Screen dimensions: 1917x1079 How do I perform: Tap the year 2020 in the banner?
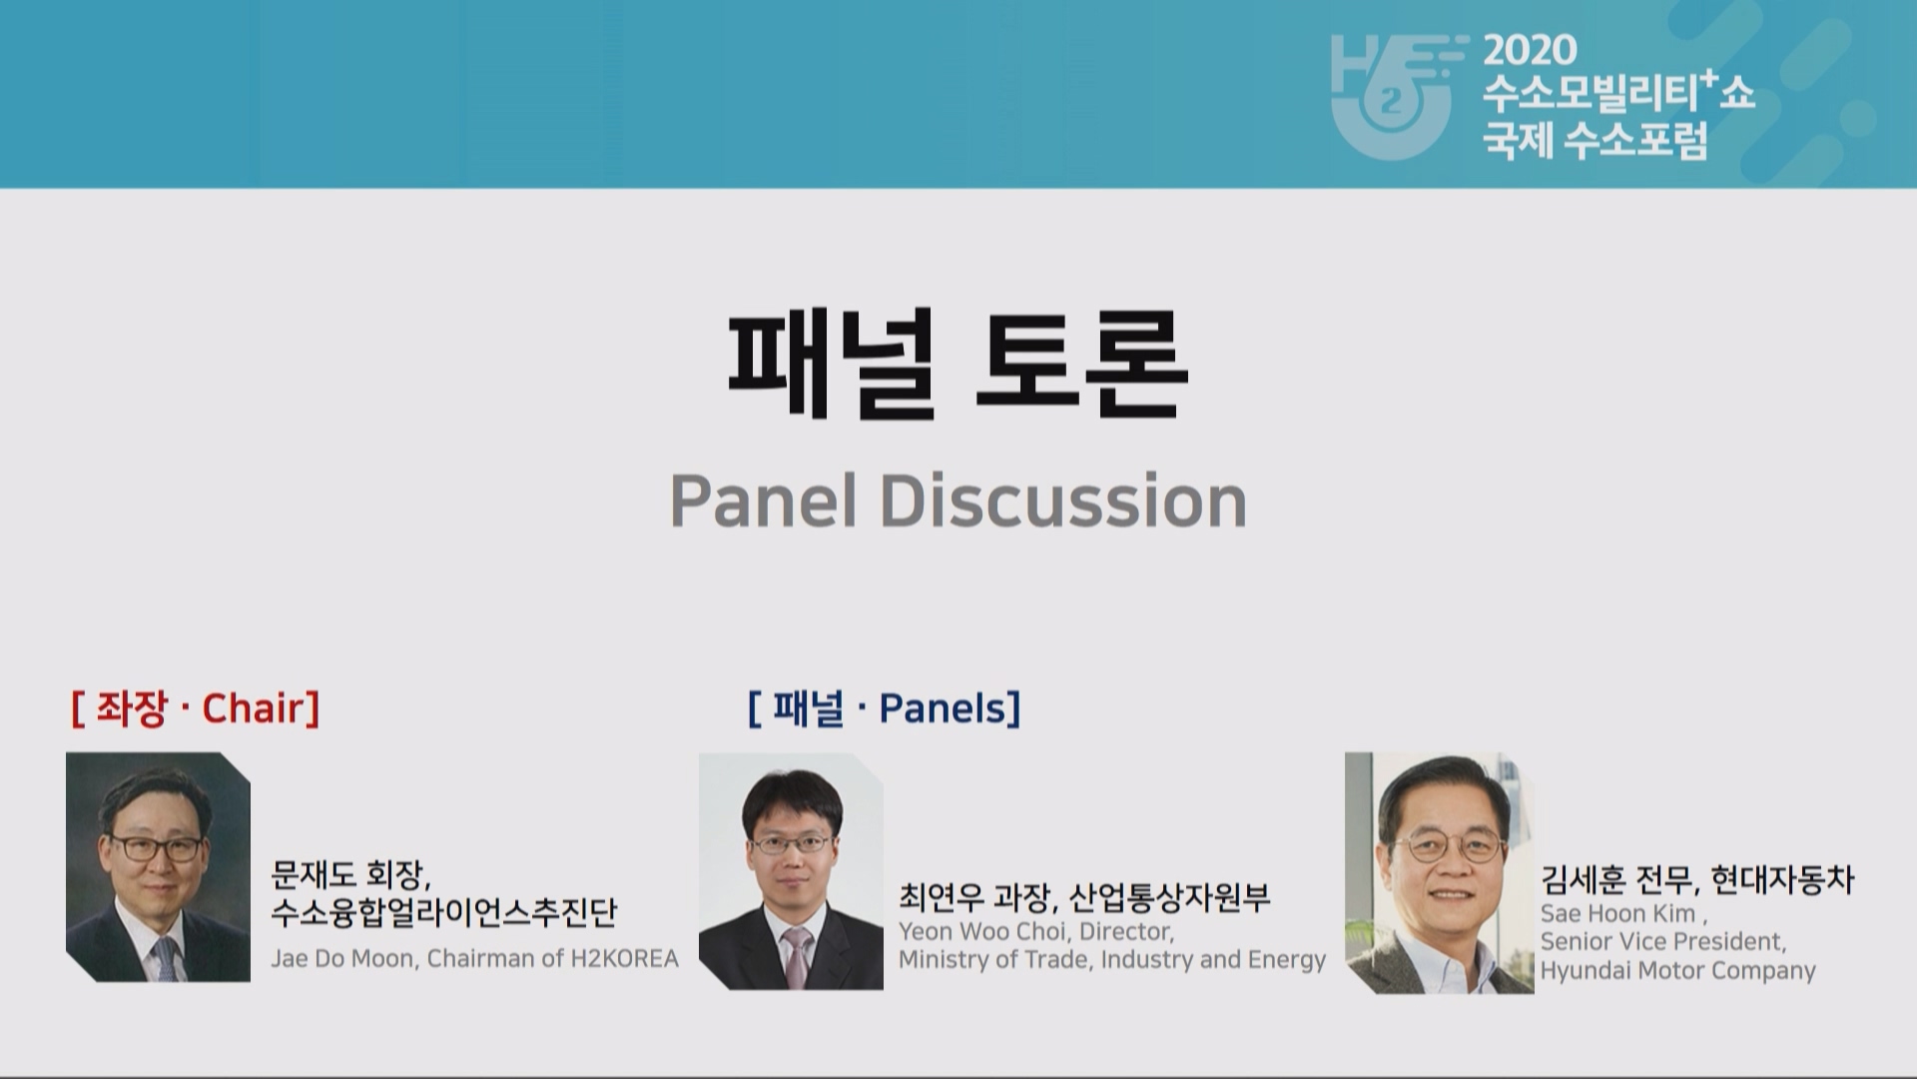click(x=1530, y=50)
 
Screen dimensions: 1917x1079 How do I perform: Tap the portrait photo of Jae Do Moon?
click(x=158, y=867)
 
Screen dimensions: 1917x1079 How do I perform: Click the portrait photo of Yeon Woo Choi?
click(x=791, y=871)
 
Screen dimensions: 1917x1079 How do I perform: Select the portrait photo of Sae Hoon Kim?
click(x=1439, y=873)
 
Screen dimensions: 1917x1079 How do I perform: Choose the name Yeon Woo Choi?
click(x=982, y=931)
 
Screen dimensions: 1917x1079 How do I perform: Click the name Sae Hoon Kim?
click(x=1617, y=914)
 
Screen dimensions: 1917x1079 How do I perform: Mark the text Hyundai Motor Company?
click(x=1677, y=970)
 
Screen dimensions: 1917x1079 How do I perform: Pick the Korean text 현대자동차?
click(x=1782, y=879)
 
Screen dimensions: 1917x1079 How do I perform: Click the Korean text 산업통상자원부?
click(x=1169, y=897)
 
